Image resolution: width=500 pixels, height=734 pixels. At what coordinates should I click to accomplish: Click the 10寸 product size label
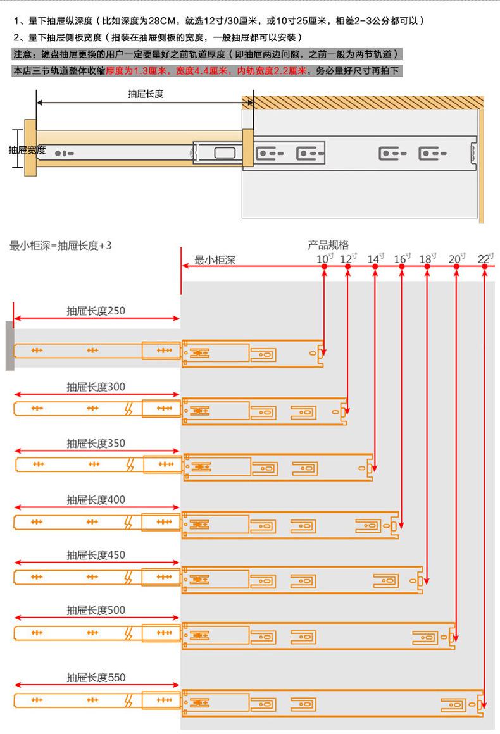[324, 258]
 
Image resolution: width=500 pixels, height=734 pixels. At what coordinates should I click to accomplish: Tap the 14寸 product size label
[375, 258]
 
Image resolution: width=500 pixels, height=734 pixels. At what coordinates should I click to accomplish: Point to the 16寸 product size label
[402, 258]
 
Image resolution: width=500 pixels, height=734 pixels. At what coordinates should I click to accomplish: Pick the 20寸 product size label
[456, 258]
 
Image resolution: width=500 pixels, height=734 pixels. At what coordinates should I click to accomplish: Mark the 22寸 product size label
[485, 258]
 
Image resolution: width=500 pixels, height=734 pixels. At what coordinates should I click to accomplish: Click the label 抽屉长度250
[96, 311]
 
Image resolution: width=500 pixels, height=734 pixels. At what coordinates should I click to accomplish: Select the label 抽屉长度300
[96, 387]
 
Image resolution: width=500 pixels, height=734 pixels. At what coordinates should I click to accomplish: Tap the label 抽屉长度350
[96, 443]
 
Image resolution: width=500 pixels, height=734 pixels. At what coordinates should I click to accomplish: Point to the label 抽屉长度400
[96, 499]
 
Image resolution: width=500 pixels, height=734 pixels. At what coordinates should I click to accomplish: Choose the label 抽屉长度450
[96, 555]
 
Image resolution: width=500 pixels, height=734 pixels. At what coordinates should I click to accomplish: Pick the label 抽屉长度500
[96, 610]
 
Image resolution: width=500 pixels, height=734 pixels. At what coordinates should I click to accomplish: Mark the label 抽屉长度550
[96, 677]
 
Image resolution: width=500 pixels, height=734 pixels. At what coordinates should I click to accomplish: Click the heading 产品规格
[328, 245]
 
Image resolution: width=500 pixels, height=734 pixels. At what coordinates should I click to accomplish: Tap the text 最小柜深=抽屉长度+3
[61, 246]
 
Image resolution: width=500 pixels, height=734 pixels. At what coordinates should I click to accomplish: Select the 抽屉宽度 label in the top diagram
[27, 150]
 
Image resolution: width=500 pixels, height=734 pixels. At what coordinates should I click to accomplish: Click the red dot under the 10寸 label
[324, 268]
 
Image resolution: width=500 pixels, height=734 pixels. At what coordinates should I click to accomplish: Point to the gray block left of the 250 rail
[9, 345]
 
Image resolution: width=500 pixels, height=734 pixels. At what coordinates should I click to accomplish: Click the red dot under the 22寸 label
[485, 268]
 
